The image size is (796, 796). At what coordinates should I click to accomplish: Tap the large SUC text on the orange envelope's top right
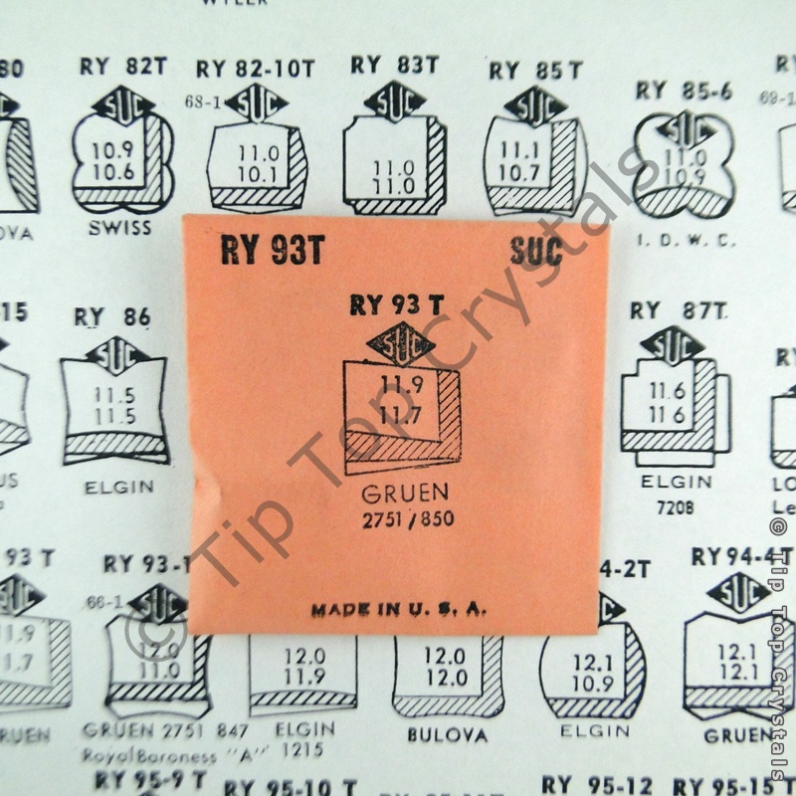[536, 251]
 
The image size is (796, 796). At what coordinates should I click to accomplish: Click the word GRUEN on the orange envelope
[405, 493]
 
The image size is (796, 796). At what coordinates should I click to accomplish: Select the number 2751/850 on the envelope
[405, 519]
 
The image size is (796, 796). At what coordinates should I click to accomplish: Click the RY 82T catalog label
[124, 66]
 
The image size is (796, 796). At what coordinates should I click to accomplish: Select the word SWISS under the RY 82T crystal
[118, 228]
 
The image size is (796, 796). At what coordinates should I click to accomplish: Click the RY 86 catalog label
[112, 317]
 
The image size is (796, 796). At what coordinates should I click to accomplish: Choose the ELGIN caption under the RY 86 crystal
[118, 487]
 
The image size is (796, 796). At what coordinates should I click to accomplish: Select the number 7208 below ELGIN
[676, 507]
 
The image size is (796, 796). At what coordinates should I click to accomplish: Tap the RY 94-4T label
[742, 555]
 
